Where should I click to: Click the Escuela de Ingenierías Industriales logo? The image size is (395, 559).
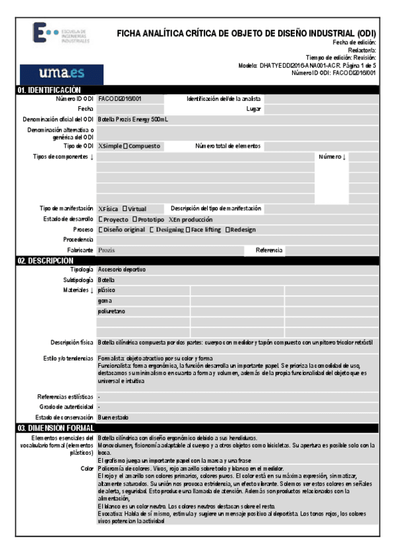click(x=61, y=34)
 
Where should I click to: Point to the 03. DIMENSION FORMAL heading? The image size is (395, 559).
click(x=55, y=428)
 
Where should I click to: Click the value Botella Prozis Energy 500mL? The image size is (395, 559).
click(x=133, y=119)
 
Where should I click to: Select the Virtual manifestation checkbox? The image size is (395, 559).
click(x=125, y=208)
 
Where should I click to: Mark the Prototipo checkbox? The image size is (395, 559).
click(x=135, y=219)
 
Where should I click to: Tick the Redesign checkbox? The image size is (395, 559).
click(x=228, y=229)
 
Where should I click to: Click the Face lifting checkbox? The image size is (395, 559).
click(x=188, y=229)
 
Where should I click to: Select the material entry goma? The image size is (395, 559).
click(x=104, y=301)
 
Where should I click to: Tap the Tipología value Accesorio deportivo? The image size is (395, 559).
click(x=122, y=270)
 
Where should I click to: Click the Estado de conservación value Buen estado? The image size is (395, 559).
click(x=113, y=417)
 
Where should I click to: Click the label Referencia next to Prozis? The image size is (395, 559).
click(x=269, y=250)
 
